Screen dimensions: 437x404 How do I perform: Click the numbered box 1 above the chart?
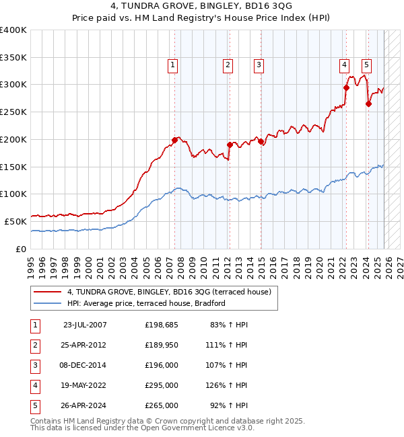[173, 65]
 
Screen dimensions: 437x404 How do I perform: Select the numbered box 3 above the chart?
[259, 65]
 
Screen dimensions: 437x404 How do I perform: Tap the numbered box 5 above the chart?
[366, 65]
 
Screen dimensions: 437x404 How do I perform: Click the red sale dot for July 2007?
[174, 140]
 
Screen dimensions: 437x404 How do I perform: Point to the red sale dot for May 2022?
[346, 87]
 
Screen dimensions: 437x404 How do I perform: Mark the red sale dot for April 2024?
[368, 103]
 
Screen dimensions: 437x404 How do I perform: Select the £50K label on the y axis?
[15, 221]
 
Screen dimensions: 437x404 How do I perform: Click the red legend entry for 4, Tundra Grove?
[168, 292]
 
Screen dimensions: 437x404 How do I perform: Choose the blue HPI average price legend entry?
[145, 304]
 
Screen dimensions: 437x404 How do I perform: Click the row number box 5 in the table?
[34, 406]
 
